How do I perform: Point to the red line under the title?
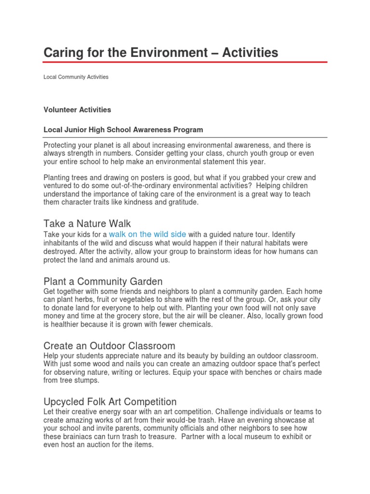(x=185, y=62)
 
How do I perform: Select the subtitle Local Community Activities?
(x=76, y=77)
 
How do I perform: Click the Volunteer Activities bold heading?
(x=77, y=110)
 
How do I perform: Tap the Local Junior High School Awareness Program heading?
(x=123, y=130)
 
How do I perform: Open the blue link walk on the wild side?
(x=147, y=234)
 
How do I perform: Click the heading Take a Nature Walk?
(x=87, y=223)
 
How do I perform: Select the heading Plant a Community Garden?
(x=103, y=281)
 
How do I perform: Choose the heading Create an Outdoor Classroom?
(x=109, y=346)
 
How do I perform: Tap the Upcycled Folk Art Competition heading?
(x=110, y=402)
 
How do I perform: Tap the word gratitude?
(x=181, y=203)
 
